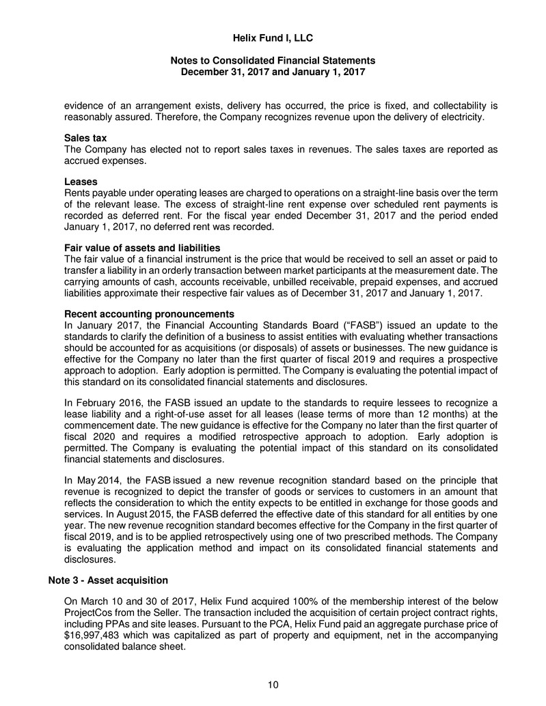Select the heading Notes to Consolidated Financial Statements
coord(273,61)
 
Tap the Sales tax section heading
coord(85,139)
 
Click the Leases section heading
coord(81,182)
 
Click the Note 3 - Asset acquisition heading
coord(108,580)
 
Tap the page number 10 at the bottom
coord(273,685)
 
